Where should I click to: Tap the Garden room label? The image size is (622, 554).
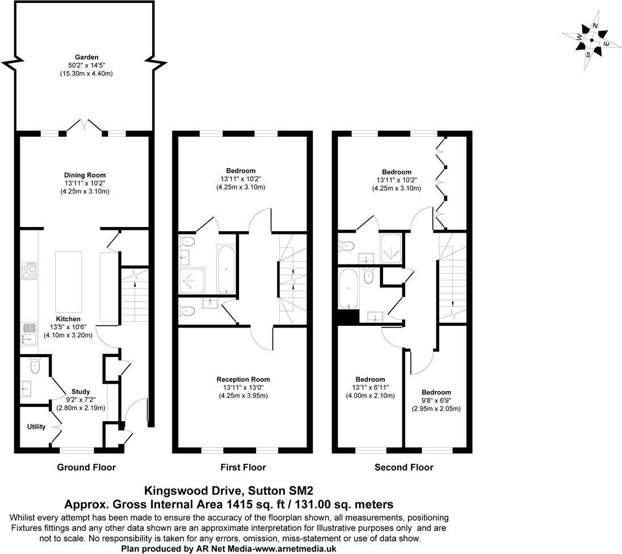(x=87, y=57)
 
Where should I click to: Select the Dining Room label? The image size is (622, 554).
(x=85, y=175)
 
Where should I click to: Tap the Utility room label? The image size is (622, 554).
(x=36, y=427)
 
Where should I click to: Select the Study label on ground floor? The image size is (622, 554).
(x=81, y=392)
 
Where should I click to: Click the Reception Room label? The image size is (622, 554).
(x=243, y=379)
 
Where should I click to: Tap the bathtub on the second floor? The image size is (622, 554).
(x=348, y=288)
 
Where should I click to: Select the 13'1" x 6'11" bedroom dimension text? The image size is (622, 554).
(x=370, y=388)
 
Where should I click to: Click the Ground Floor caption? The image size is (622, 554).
(x=86, y=468)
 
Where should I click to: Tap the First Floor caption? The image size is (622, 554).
(x=243, y=468)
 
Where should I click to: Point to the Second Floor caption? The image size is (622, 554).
(x=404, y=468)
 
